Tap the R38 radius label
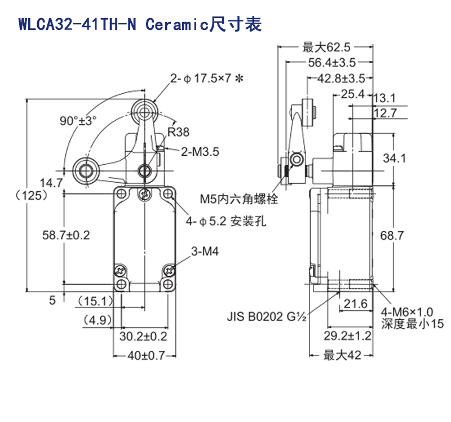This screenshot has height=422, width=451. pyautogui.click(x=178, y=133)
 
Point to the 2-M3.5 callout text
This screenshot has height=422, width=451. pyautogui.click(x=200, y=151)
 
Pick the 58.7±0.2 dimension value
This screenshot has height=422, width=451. pyautogui.click(x=67, y=235)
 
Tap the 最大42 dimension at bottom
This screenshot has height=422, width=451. pyautogui.click(x=342, y=355)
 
